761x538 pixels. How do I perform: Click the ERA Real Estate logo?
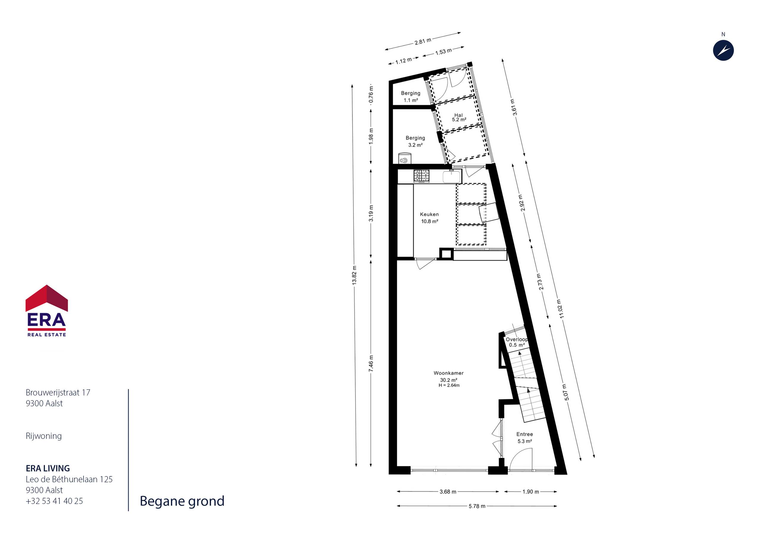47,311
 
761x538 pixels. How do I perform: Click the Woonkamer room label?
449,373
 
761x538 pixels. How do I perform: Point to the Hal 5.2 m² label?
459,117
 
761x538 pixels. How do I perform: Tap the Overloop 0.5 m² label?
517,342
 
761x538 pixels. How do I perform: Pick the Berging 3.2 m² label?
415,141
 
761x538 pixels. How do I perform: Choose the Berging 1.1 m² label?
411,97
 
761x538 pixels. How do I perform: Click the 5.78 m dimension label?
477,506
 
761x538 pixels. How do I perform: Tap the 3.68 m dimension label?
448,492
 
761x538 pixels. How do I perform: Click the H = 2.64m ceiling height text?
449,386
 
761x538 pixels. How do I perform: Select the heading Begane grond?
182,501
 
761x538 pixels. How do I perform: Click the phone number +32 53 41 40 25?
54,501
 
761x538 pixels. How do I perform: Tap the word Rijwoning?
44,436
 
